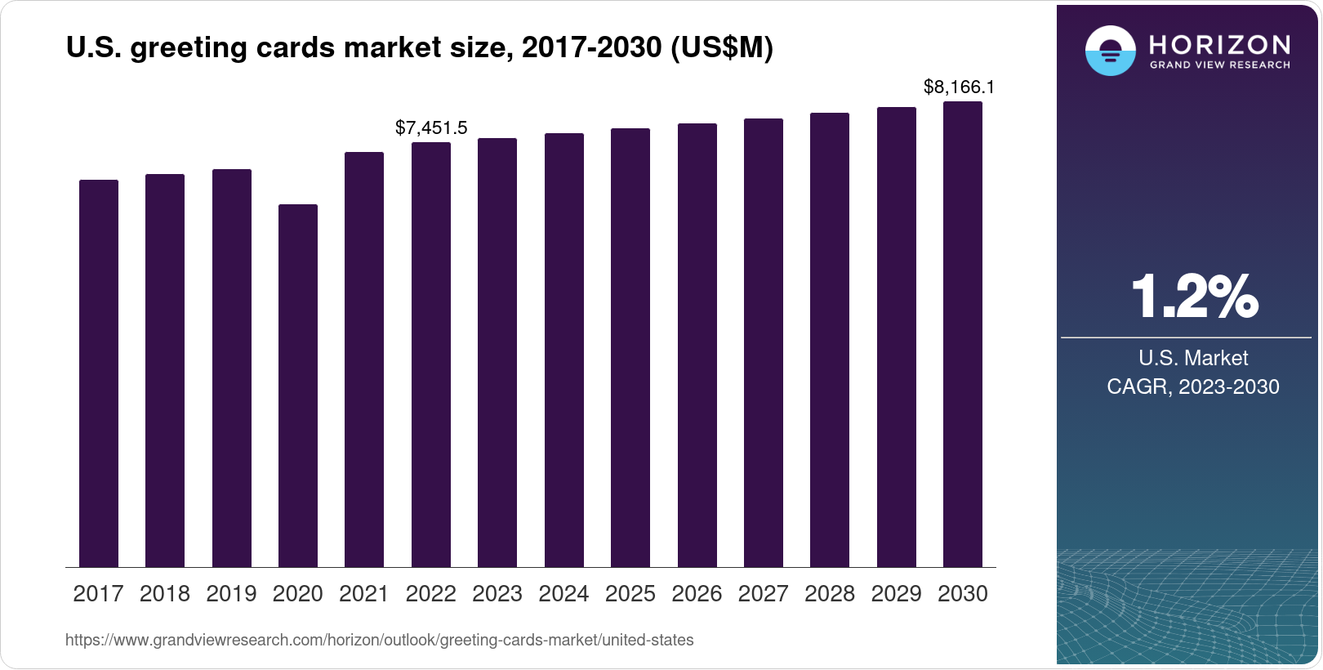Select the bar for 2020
(298, 386)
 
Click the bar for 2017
(99, 373)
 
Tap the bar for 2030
(963, 334)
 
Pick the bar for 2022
(431, 355)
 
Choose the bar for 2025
(630, 347)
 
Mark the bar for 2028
(830, 340)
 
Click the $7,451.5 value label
(431, 127)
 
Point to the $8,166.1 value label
(959, 87)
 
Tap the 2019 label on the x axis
(231, 594)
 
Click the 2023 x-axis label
(497, 594)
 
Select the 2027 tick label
(763, 594)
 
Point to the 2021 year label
(364, 594)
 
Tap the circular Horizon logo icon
(1110, 51)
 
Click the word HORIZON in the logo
(1219, 44)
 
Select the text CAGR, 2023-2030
(1192, 386)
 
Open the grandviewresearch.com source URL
(379, 641)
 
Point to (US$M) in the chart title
(721, 47)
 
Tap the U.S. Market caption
(1193, 358)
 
